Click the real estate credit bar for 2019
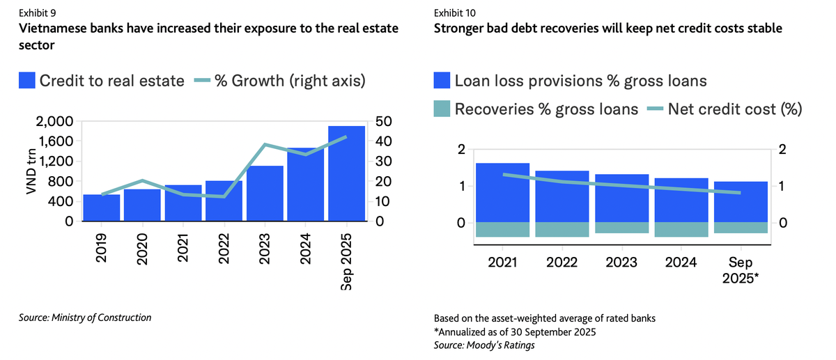point(102,208)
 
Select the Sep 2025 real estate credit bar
point(346,173)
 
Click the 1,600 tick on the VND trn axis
point(54,141)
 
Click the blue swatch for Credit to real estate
point(26,81)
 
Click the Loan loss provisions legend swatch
point(441,81)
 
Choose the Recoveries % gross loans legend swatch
point(441,109)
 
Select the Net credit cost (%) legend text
point(735,109)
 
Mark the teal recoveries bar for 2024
point(682,229)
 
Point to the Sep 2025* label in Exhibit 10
point(741,268)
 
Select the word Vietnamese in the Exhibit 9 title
point(54,29)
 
